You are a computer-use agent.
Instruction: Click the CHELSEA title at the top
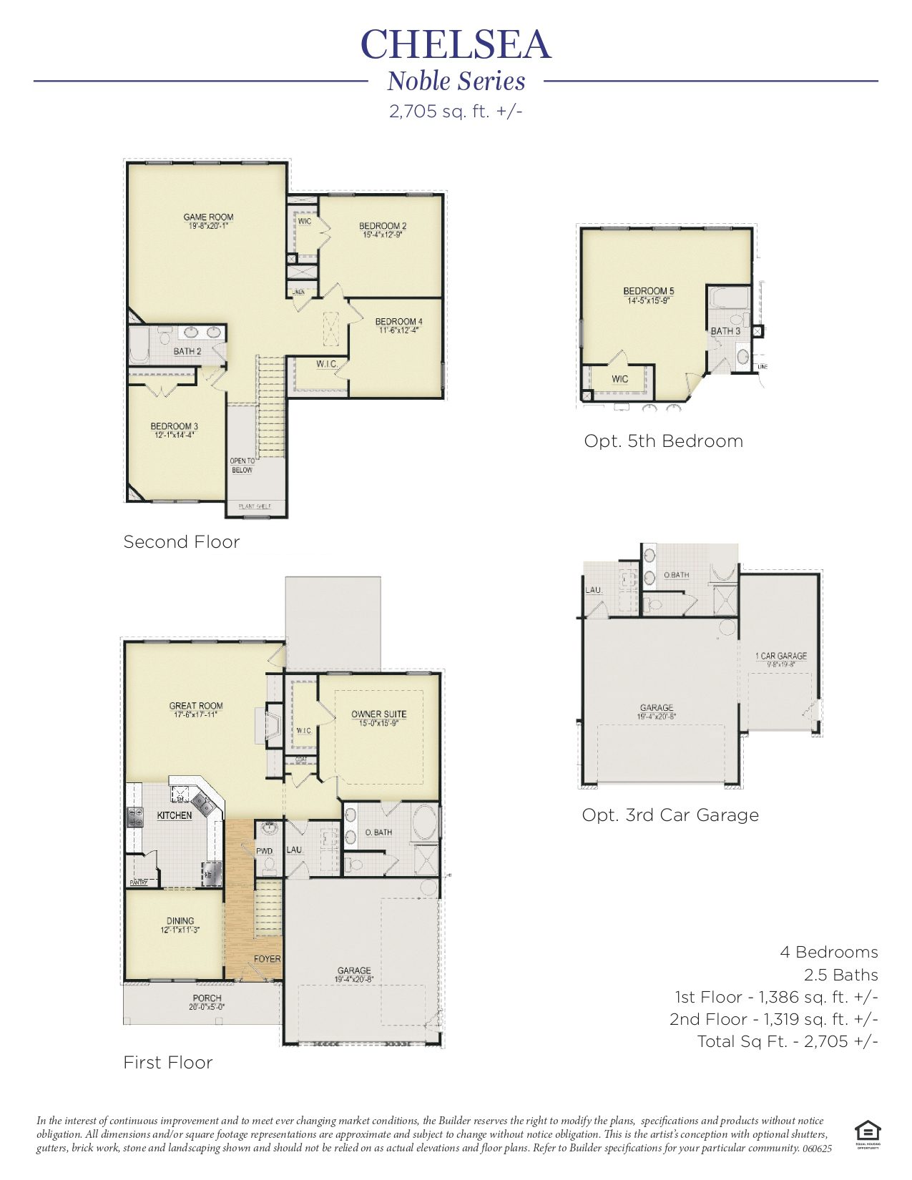(x=456, y=44)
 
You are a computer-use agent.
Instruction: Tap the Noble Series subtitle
(x=456, y=82)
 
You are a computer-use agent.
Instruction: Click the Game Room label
(x=208, y=217)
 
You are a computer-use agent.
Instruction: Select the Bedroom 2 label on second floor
(x=383, y=226)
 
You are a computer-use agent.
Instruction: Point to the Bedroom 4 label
(x=398, y=322)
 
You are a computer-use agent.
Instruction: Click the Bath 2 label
(x=187, y=351)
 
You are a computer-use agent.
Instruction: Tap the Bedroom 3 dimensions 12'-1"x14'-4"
(x=175, y=435)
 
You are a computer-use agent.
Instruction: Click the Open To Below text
(x=242, y=466)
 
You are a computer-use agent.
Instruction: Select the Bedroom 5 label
(x=648, y=291)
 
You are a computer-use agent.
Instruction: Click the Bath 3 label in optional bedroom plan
(x=725, y=331)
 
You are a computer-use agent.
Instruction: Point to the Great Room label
(x=196, y=705)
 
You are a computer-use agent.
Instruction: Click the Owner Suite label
(x=378, y=714)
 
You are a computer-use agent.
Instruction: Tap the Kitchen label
(x=175, y=815)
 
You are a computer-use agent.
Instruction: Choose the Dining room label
(x=180, y=921)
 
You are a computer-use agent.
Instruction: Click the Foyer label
(x=267, y=959)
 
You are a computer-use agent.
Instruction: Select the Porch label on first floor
(x=207, y=998)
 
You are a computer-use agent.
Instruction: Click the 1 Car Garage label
(x=780, y=656)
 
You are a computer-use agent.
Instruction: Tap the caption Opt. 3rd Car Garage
(x=670, y=815)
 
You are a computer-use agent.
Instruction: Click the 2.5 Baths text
(x=840, y=975)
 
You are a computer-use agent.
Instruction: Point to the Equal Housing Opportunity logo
(x=867, y=1132)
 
